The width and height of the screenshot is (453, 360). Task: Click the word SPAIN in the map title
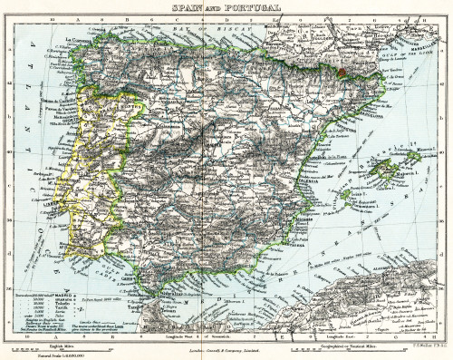pyautogui.click(x=185, y=8)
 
